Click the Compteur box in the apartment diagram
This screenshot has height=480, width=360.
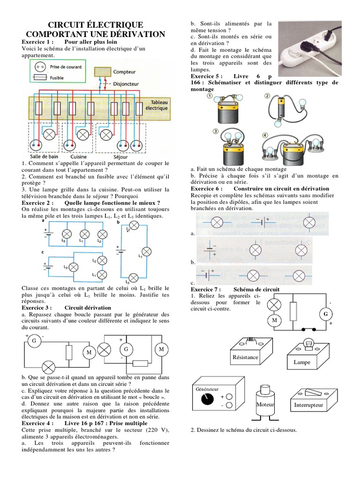[x=103, y=72]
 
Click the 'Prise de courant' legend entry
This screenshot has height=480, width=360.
[x=65, y=67]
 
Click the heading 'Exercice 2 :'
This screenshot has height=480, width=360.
[x=38, y=202]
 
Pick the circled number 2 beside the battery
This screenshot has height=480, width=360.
[x=267, y=96]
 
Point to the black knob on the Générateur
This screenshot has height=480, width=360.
[x=205, y=399]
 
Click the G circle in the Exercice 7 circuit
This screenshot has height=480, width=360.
[x=324, y=313]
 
